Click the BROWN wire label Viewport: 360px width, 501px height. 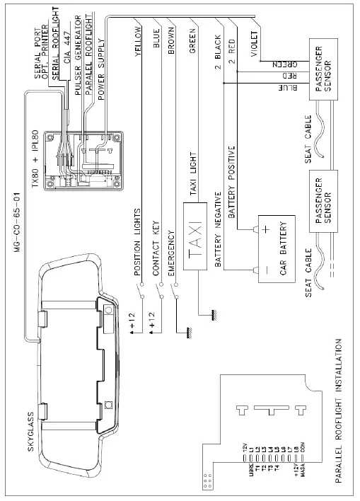pos(170,43)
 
